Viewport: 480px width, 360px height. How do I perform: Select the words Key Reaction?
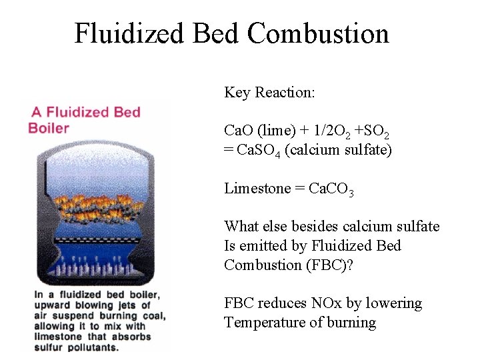point(269,92)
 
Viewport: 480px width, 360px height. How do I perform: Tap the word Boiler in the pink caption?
point(49,127)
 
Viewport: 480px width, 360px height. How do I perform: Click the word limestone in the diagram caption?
point(57,336)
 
